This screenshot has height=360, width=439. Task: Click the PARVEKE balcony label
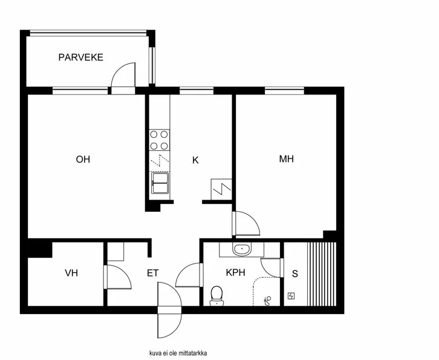[80, 57]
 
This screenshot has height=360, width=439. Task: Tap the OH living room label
[83, 160]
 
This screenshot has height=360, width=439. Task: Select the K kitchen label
[195, 160]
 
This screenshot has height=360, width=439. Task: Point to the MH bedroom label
[286, 160]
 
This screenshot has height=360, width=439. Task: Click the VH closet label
[71, 273]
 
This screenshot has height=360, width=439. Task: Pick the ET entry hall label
[152, 273]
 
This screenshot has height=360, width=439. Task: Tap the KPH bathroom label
[235, 273]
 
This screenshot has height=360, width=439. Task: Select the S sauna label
[294, 273]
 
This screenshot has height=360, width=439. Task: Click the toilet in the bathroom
[216, 295]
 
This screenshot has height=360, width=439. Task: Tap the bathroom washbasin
[242, 249]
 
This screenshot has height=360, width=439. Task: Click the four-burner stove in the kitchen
[160, 140]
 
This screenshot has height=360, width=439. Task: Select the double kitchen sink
[160, 183]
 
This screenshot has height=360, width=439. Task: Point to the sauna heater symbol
[291, 296]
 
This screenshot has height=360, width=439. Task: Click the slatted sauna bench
[321, 273]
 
